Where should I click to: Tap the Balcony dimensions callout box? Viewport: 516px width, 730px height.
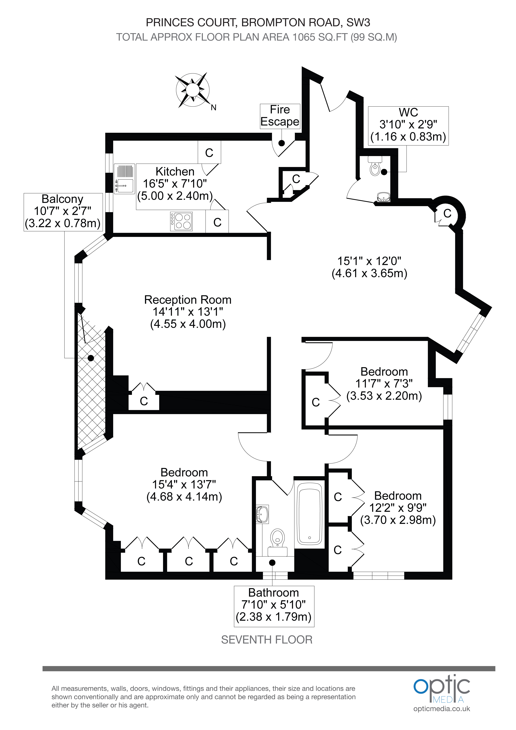pyautogui.click(x=63, y=212)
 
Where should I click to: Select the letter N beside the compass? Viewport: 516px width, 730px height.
pyautogui.click(x=213, y=108)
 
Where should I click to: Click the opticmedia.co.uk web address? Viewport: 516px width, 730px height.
pyautogui.click(x=442, y=709)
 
